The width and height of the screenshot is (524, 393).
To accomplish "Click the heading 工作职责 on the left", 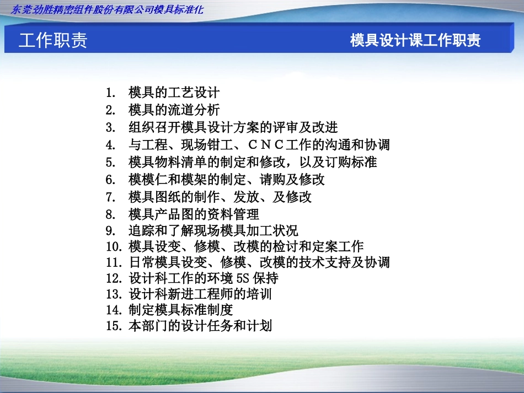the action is [x=53, y=40].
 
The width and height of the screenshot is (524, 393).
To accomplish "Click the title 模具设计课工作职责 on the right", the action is [x=415, y=40].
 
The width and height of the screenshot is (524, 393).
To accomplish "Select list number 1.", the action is [x=111, y=93].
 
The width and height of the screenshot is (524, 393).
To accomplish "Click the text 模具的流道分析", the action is [x=174, y=110].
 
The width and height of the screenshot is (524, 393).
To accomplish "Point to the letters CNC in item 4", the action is [x=266, y=144].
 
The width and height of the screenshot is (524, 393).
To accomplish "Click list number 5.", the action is [x=111, y=162].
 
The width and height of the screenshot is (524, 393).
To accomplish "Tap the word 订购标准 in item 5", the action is [x=351, y=162].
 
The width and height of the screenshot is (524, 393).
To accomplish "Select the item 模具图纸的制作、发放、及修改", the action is [x=220, y=197].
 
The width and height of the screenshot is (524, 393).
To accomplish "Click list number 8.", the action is [x=111, y=214].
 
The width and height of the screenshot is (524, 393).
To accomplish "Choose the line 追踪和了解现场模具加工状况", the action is [x=213, y=230].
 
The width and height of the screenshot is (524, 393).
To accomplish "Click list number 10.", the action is [x=114, y=246].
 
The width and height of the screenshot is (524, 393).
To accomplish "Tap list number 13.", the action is [x=114, y=294].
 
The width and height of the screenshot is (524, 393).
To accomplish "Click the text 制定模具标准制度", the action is [x=181, y=310].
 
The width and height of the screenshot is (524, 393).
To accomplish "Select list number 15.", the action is [x=114, y=326].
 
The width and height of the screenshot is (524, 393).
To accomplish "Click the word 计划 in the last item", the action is [x=259, y=326].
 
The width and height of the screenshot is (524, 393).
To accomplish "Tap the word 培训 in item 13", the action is [x=259, y=294].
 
